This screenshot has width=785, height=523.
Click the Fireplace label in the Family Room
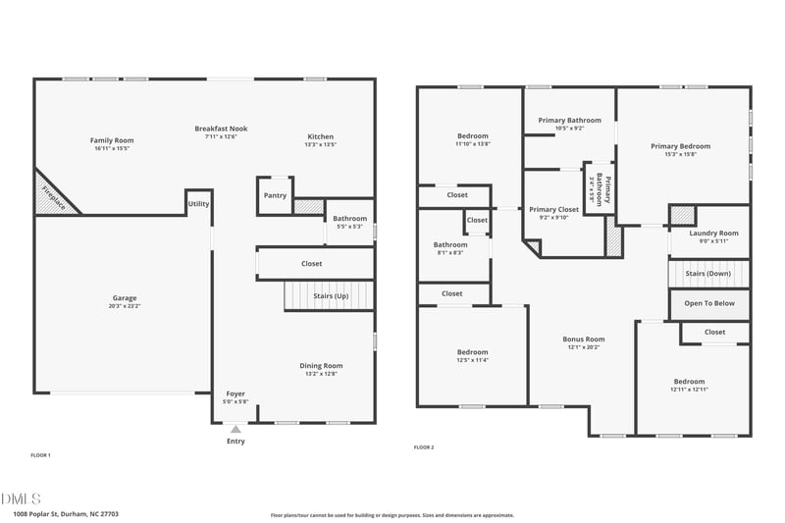coord(51,196)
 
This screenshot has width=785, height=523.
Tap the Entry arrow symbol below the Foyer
coord(235,429)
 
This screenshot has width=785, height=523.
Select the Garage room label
coord(125,297)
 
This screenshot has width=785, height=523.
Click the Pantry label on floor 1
coord(275,195)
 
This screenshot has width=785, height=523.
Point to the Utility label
coord(199,203)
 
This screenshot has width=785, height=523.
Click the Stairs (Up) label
coord(330,295)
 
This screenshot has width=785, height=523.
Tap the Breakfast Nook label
coord(221,129)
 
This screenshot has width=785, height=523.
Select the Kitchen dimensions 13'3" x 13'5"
coord(321,144)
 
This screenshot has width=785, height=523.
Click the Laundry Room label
coord(713,233)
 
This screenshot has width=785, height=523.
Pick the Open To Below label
coord(709,303)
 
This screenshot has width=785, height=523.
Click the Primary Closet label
coord(554,209)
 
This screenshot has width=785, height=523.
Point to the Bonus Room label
coord(583,339)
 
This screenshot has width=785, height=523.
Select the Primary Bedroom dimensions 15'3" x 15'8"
coord(680,154)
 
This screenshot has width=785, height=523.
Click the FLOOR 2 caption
coord(424,447)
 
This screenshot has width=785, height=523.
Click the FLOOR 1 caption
coord(40,455)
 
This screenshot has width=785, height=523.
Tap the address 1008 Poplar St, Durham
coord(66,513)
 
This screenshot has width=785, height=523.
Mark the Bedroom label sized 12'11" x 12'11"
coord(689,381)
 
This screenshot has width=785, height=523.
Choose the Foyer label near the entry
coord(235,393)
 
